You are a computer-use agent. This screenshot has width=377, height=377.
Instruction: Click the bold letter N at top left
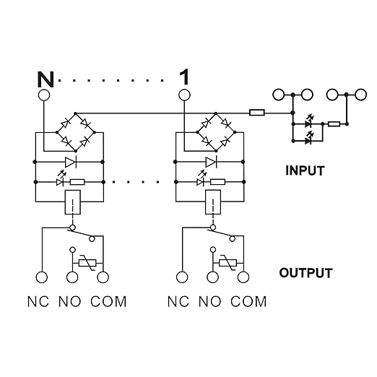point(45,79)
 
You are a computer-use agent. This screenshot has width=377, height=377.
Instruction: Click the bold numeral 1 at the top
point(184,77)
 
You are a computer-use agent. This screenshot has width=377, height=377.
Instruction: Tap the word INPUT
point(305,170)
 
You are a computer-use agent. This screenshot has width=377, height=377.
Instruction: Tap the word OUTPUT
point(305,273)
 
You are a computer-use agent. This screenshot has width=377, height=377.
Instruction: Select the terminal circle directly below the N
point(44,95)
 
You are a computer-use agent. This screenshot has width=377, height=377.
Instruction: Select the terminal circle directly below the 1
point(184,95)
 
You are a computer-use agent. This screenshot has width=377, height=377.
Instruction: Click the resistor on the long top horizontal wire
point(257,113)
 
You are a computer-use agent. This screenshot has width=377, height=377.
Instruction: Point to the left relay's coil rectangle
point(73,202)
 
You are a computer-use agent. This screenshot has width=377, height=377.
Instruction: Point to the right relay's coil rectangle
point(213,202)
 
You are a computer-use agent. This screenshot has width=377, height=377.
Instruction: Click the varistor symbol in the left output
point(87,263)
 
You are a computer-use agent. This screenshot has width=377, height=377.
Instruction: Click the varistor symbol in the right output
point(227,263)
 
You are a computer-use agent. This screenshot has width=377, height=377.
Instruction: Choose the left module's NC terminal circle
point(42,277)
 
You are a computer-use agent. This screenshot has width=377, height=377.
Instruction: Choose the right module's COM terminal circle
point(243,277)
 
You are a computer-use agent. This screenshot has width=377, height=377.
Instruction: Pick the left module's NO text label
point(69,301)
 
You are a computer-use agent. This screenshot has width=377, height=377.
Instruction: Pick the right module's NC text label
point(178,301)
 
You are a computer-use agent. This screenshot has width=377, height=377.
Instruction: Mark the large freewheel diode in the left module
point(71,162)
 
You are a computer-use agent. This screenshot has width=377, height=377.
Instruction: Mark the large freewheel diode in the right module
point(211,162)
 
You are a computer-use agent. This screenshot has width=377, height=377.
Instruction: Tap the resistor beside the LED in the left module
point(77,182)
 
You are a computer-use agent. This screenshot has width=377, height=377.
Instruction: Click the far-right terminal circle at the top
point(361,95)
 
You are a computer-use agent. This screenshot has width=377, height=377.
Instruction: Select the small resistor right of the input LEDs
point(334,124)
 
